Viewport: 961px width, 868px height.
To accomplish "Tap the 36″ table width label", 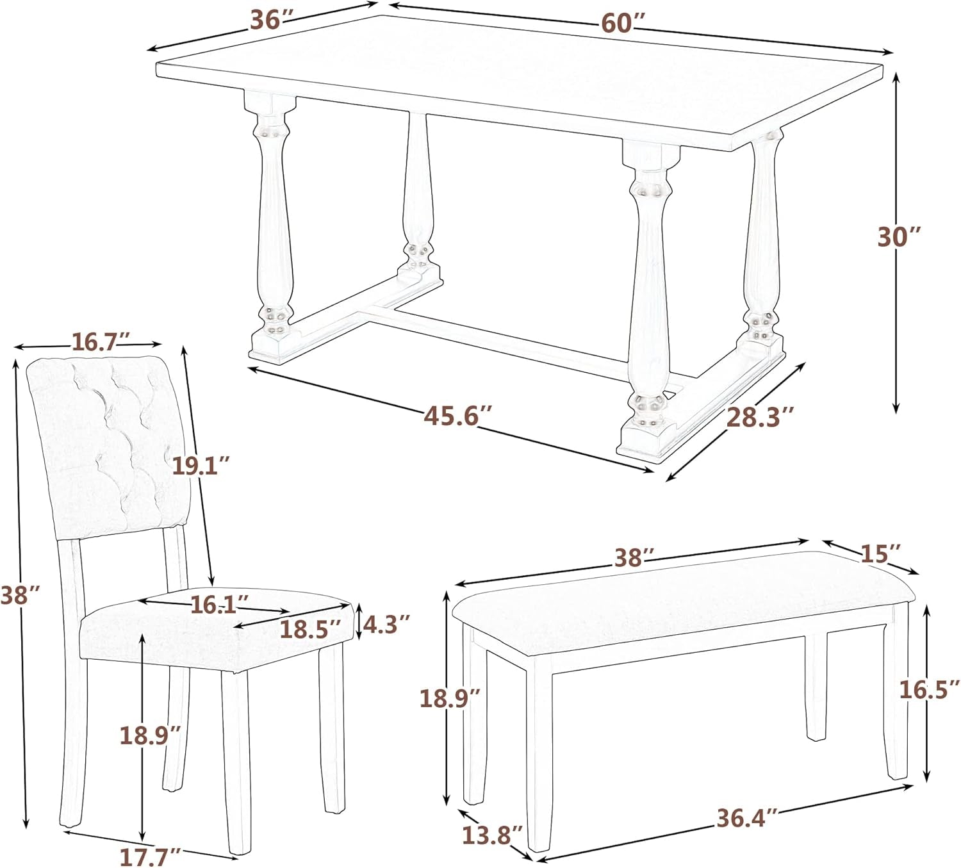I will point(266,20).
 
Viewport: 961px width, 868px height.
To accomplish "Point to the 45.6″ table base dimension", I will point(457,417).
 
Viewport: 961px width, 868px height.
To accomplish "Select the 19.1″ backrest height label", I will point(200,465).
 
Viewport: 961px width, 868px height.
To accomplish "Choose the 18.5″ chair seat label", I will point(309,630).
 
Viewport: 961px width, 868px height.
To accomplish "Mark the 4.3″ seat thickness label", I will point(385,622).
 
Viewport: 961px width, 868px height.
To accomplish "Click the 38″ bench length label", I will point(634,557).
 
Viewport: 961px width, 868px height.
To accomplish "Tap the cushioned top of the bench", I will point(679,599).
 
